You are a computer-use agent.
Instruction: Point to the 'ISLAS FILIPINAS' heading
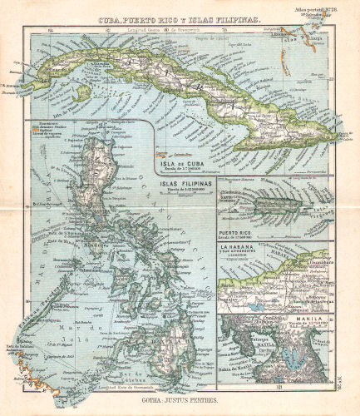point(180,180)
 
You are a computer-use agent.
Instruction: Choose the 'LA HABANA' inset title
point(239,248)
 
